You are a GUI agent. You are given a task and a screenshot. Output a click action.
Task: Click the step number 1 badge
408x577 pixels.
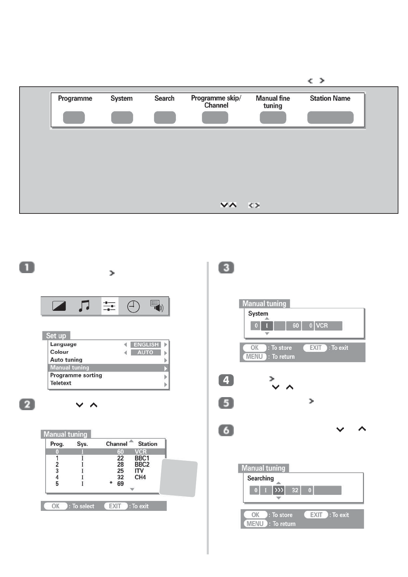point(27,267)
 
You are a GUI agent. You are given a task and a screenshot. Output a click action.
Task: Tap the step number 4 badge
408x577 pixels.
point(226,380)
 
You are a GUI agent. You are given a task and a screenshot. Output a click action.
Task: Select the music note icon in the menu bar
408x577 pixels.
point(84,306)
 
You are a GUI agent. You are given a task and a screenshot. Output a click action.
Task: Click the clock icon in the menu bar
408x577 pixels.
point(133,306)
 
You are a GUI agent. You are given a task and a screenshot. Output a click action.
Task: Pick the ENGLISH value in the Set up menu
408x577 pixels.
point(146,345)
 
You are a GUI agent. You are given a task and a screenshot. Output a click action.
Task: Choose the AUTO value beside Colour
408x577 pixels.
point(146,352)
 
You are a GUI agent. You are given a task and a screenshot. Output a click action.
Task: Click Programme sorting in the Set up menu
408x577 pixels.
point(76,375)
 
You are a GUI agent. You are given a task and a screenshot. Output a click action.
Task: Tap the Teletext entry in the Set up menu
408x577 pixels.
point(61,383)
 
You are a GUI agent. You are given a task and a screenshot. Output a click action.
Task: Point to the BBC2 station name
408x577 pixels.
point(142,464)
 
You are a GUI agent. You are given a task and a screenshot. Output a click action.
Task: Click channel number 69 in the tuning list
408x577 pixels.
point(120,484)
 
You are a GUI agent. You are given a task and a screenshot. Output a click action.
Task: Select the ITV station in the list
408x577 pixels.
point(139,471)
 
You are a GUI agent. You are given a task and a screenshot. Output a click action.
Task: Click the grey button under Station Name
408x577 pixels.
point(330,118)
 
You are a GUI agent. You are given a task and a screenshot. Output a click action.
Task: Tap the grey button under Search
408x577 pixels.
point(165,118)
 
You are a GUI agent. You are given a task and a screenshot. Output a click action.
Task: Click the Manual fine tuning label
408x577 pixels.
point(273,102)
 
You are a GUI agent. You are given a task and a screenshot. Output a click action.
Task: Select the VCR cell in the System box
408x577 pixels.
point(328,326)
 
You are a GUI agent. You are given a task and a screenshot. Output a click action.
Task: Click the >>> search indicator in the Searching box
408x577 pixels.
point(278,490)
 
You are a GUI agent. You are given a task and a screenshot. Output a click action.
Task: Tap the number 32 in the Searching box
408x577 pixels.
point(295,490)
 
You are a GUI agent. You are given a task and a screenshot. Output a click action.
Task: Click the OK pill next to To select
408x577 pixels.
point(55,506)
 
